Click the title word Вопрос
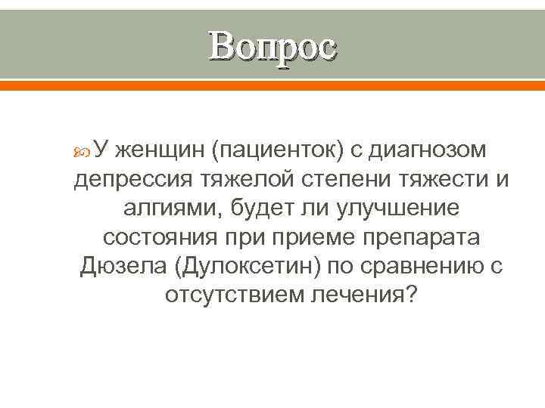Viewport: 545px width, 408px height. click(272, 47)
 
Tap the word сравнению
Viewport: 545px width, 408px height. click(422, 267)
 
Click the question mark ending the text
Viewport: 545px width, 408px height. click(410, 295)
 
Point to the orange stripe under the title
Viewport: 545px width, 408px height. click(272, 85)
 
